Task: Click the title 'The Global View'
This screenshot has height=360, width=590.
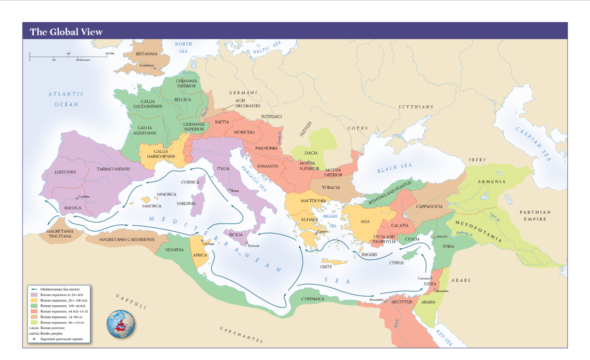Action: (66, 32)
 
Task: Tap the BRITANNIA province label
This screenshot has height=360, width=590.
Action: (147, 54)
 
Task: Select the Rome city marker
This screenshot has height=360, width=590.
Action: (230, 189)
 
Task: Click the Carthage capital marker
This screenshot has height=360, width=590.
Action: (202, 240)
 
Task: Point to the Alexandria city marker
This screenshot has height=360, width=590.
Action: (385, 302)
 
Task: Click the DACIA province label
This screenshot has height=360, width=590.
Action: (311, 153)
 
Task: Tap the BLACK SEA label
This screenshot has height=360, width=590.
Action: (395, 168)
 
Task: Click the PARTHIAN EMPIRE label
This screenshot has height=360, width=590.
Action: (535, 216)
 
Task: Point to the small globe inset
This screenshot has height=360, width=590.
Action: (121, 325)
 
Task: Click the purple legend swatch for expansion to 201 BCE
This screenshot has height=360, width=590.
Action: (34, 294)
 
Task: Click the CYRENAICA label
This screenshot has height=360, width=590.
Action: (313, 299)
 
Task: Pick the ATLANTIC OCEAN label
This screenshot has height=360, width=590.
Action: (67, 99)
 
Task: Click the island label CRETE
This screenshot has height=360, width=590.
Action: (326, 267)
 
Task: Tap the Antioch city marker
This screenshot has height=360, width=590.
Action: (434, 237)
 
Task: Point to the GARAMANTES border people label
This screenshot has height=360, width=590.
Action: (241, 335)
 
